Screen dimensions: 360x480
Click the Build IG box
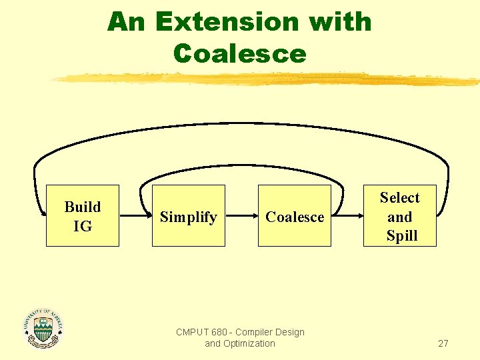click(82, 216)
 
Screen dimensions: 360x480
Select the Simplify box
click(189, 216)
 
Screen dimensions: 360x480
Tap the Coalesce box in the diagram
click(295, 216)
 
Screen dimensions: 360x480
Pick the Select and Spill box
click(400, 216)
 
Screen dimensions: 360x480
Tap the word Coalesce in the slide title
click(239, 53)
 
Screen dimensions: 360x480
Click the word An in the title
click(127, 22)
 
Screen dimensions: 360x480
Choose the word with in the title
click(339, 22)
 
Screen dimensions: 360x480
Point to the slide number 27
click(443, 343)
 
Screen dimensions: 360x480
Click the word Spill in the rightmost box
click(402, 236)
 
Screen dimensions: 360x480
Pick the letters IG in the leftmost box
click(83, 227)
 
